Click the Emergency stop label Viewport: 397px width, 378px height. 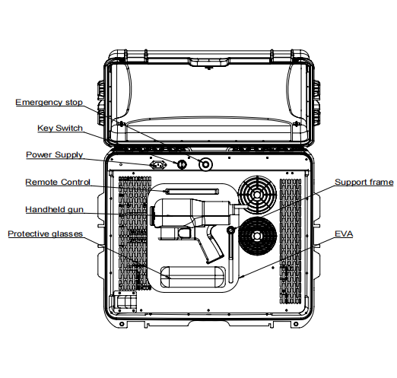(x=49, y=102)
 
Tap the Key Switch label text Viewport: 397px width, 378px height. (x=60, y=128)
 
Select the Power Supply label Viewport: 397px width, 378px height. (x=55, y=154)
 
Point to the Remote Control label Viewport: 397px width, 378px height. (x=58, y=182)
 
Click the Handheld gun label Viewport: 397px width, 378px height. (x=54, y=209)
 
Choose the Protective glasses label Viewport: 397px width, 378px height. (x=46, y=233)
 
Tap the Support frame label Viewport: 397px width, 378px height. (x=364, y=182)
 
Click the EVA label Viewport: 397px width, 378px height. (x=344, y=233)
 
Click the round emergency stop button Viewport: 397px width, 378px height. (x=205, y=164)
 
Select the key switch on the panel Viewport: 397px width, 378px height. (x=182, y=164)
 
